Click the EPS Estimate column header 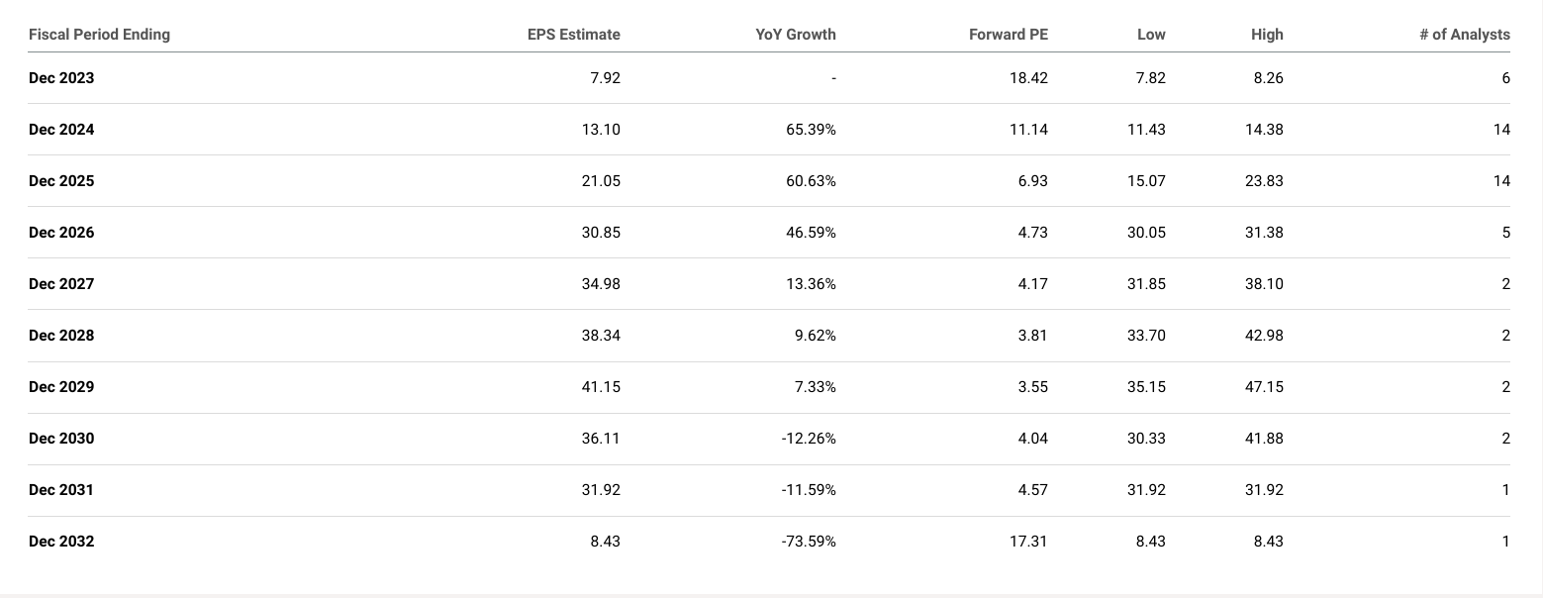pos(573,35)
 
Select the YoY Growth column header pos(795,35)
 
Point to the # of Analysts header pos(1464,35)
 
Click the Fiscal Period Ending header pos(99,35)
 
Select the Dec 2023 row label pos(61,78)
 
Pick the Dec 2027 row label pos(61,284)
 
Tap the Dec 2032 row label pos(61,542)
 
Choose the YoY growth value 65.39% pos(808,130)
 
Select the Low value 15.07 pos(1146,181)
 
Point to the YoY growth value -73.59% pos(806,542)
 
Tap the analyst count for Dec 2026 pos(1505,233)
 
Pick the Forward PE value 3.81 pos(1031,336)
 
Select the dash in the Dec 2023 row pos(833,78)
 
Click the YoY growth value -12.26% pos(806,439)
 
